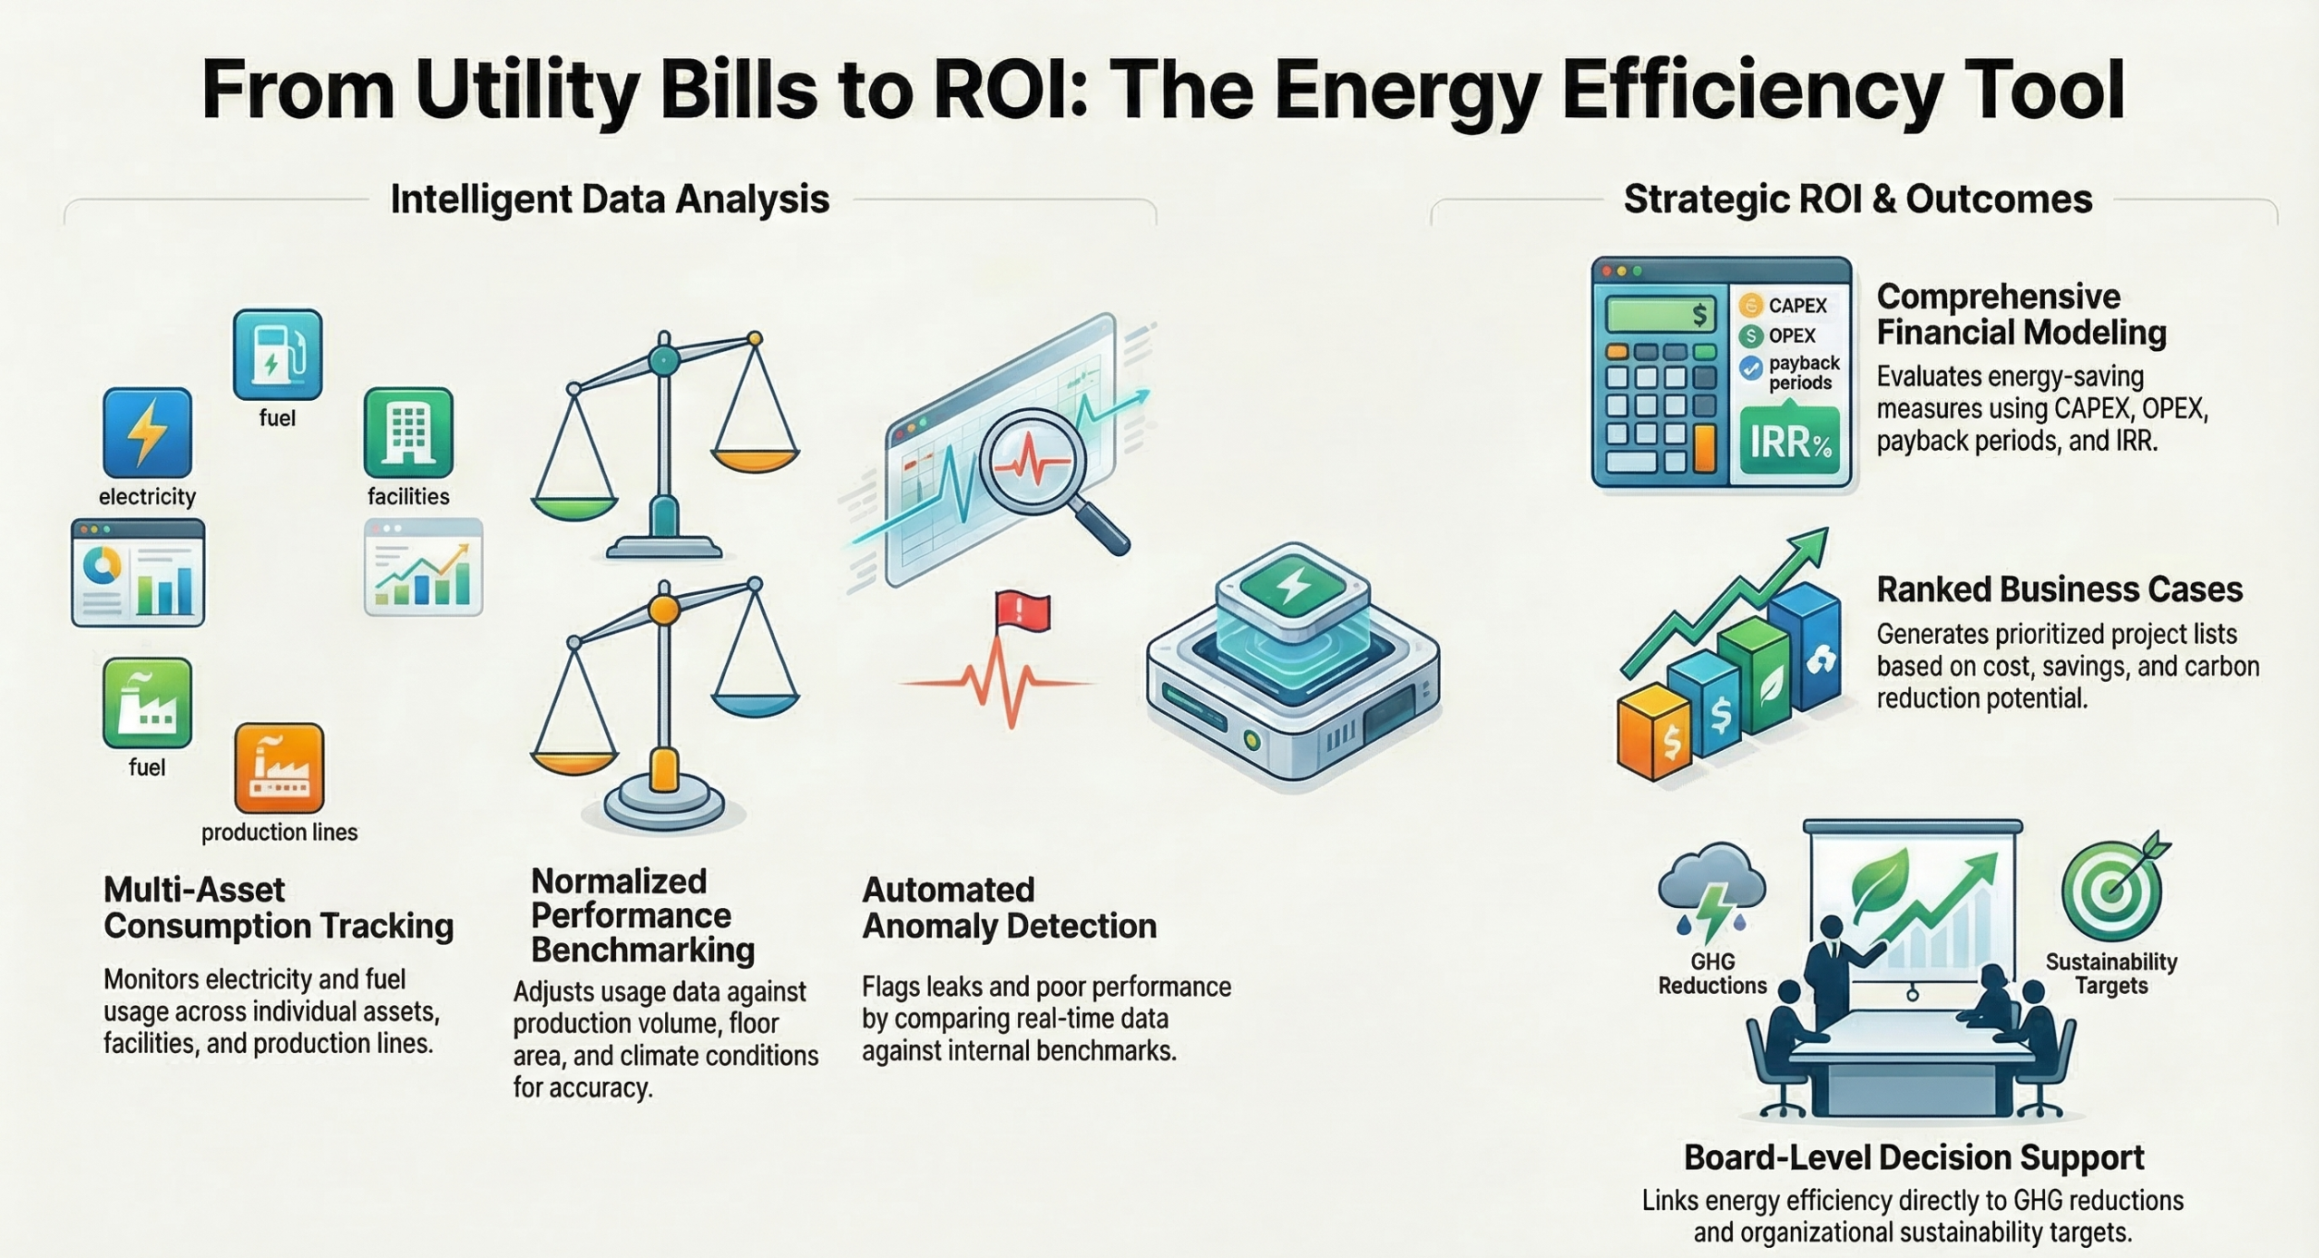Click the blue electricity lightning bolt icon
147,433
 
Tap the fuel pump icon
278,355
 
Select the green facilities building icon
408,433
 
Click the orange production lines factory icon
279,768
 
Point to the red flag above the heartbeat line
1023,610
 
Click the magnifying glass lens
1032,463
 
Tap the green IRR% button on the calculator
1790,442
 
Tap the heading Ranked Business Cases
2060,590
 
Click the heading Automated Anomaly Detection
1009,908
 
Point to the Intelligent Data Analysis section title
610,199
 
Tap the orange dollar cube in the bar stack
1655,733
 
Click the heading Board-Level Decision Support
1913,1157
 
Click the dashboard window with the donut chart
138,573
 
